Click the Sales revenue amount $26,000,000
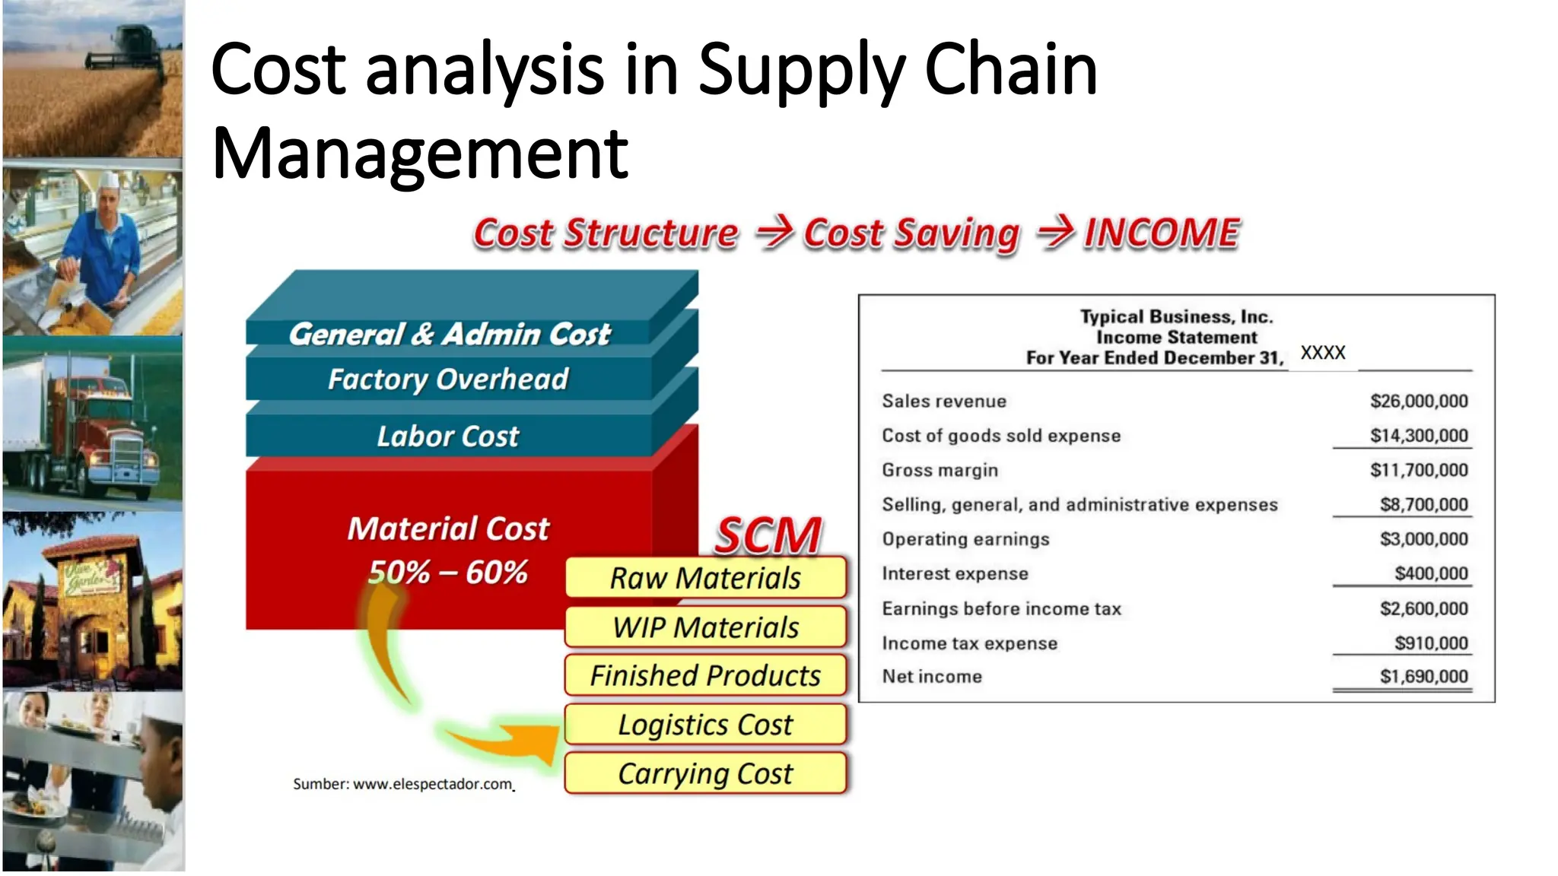(1419, 401)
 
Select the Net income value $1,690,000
(1423, 676)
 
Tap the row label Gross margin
(940, 470)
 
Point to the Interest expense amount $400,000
(1431, 573)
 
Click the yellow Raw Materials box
(705, 578)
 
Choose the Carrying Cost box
(705, 773)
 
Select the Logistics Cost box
(705, 725)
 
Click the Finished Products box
(705, 675)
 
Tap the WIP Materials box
(705, 627)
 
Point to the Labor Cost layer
(448, 436)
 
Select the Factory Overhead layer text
(448, 379)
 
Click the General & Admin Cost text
(449, 334)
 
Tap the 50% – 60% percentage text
(448, 572)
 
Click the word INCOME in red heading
(1162, 233)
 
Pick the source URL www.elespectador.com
(433, 784)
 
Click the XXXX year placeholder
(1323, 352)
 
